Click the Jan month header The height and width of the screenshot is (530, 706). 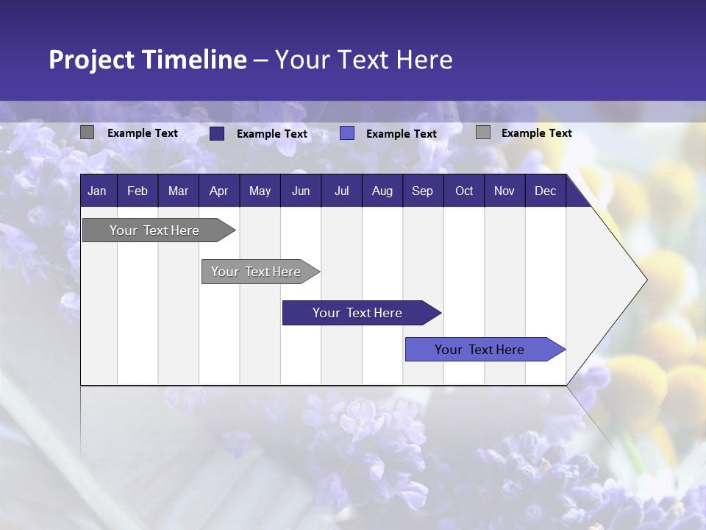[98, 191]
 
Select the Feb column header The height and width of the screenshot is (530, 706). [138, 191]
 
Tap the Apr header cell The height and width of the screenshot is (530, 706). [219, 191]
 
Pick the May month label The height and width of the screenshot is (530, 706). [260, 191]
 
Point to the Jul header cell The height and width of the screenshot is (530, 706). [341, 191]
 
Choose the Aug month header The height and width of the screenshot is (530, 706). [382, 191]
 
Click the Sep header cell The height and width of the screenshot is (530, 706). [423, 191]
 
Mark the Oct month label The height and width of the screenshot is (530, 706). [464, 191]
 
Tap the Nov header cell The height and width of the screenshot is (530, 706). [504, 191]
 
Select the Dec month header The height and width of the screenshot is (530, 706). [546, 191]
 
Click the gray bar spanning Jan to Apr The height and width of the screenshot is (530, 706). [154, 230]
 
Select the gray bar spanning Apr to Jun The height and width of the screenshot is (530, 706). [256, 272]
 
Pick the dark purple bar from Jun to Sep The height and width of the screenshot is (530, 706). [357, 313]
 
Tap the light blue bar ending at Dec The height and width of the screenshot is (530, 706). [479, 350]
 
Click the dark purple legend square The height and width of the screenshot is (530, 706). [217, 133]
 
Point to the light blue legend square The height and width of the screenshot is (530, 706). [347, 133]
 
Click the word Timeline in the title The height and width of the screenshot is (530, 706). [193, 60]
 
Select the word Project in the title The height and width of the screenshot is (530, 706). [91, 60]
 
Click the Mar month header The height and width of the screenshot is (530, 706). [178, 191]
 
